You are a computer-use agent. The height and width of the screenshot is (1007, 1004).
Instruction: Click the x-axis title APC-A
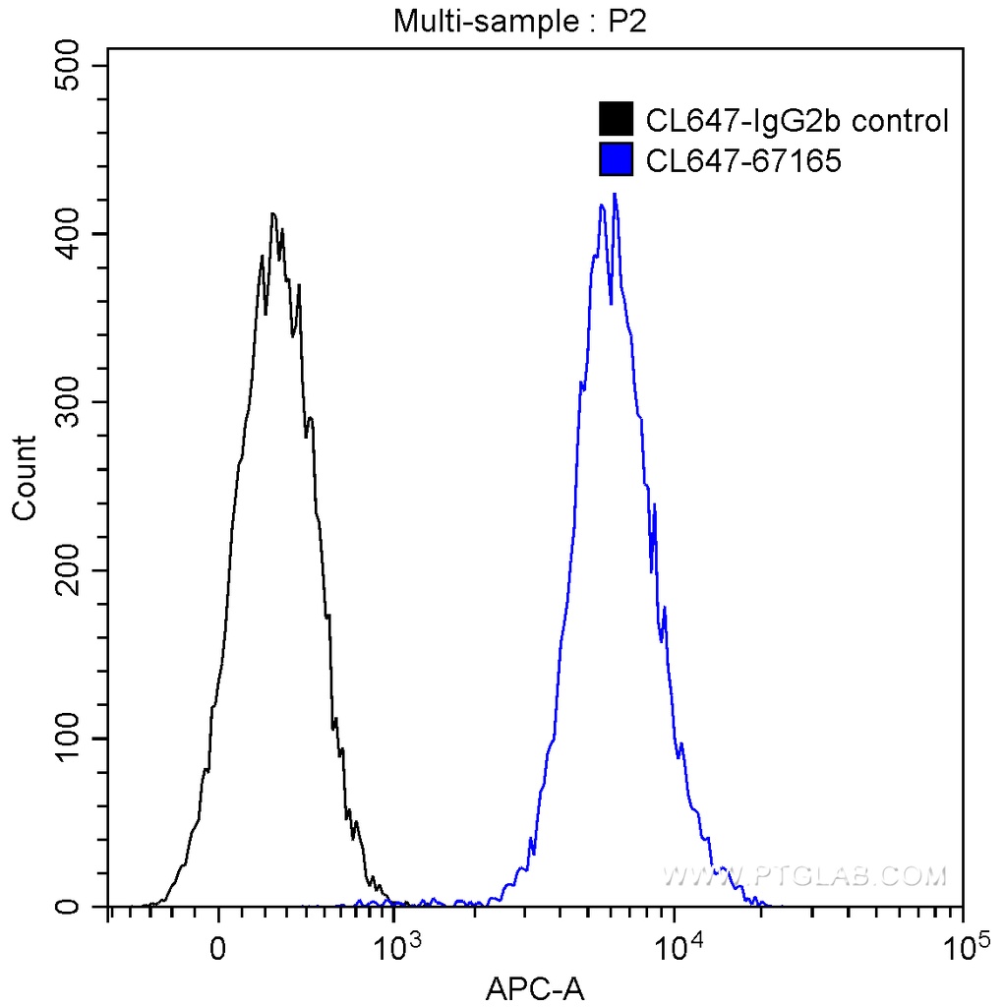(535, 986)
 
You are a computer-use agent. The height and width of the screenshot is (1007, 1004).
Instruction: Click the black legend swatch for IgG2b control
(617, 120)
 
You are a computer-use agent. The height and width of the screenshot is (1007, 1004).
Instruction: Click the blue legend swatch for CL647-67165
(617, 159)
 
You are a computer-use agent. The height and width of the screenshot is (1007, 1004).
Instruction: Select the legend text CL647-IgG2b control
(797, 121)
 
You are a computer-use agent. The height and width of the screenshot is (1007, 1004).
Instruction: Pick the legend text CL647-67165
(743, 160)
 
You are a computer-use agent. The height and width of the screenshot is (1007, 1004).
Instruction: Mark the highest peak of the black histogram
(272, 213)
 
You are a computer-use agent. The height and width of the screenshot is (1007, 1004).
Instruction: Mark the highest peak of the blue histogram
(615, 195)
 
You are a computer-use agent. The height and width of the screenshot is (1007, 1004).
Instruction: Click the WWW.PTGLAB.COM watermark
(804, 875)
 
